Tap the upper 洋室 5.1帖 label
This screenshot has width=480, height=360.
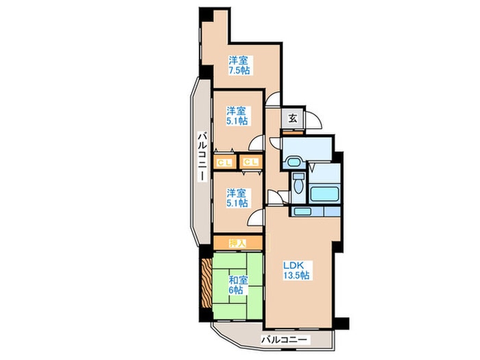pos(237,115)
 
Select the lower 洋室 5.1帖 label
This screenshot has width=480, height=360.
pos(237,197)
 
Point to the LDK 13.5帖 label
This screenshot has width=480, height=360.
pos(296,269)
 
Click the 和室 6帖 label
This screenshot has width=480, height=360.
pos(237,285)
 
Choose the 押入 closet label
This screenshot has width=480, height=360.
pos(237,242)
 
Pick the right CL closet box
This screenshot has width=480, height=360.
pos(250,163)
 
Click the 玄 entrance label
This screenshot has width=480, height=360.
pos(293,118)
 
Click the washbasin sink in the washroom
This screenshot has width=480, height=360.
pos(293,163)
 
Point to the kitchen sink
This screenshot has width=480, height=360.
pos(302,212)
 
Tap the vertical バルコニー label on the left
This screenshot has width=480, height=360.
pos(203,158)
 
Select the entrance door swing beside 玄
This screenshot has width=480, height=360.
pos(313,120)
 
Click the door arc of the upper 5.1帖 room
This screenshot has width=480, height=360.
pos(256,143)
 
